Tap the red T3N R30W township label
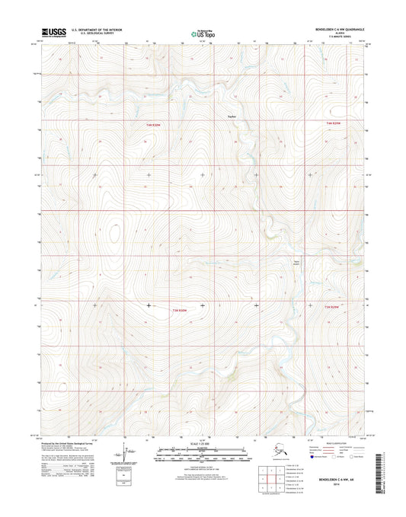click(178, 311)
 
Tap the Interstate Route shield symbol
click(307, 449)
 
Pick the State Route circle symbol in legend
click(355, 449)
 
